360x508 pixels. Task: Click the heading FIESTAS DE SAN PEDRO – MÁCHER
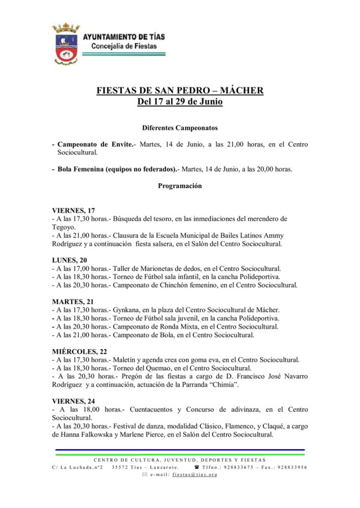pos(180,90)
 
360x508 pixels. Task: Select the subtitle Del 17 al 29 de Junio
pos(180,102)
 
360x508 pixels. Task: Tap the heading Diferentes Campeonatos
pos(180,127)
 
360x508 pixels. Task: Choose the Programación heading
pos(180,186)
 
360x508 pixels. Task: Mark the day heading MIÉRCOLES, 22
pos(79,351)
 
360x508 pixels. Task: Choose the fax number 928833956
pos(288,467)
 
